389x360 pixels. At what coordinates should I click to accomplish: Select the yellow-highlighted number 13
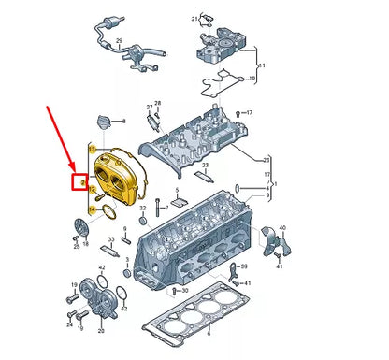[x=92, y=149]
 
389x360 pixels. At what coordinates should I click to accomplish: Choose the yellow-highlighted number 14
[x=92, y=209]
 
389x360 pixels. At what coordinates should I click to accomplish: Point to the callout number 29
[x=119, y=42]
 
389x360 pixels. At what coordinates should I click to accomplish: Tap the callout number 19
[x=73, y=283]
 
